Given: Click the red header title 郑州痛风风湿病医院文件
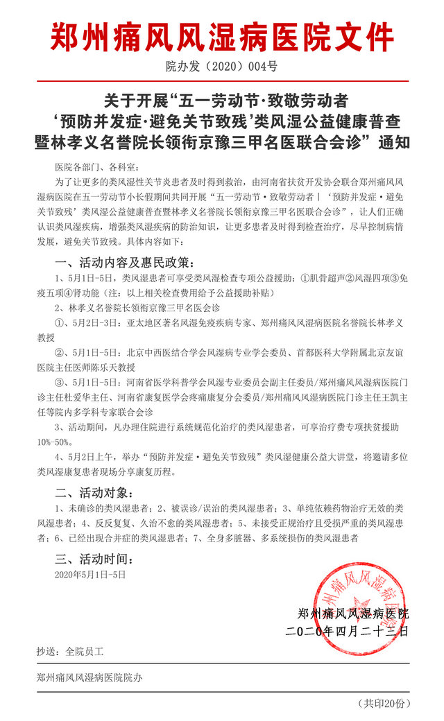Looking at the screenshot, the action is click(x=222, y=36).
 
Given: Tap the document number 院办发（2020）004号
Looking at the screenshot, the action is click(x=222, y=67).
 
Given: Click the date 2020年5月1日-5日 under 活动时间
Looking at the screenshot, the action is click(x=90, y=574).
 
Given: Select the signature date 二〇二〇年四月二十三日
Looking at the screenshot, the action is click(x=347, y=632).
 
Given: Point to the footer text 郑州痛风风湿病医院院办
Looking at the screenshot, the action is click(x=91, y=677).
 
